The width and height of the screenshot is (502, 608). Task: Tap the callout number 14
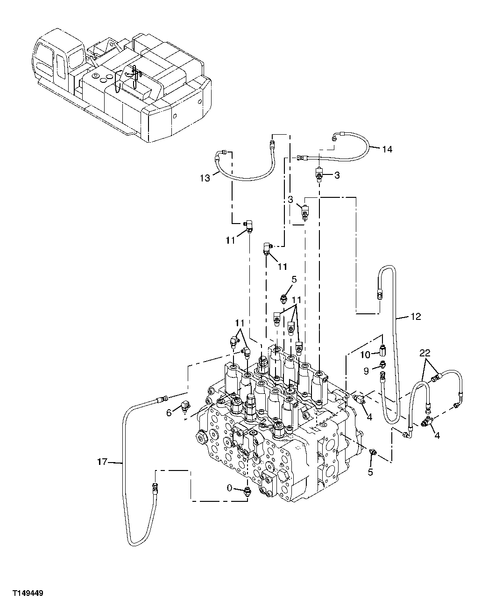(387, 149)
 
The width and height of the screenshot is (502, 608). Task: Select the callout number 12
(416, 317)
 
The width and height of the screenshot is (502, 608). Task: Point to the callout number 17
(103, 462)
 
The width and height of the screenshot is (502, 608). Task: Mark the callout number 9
(367, 371)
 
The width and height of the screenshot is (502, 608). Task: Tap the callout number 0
(229, 488)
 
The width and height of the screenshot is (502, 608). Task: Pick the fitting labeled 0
(246, 490)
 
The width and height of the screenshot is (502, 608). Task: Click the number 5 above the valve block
(294, 280)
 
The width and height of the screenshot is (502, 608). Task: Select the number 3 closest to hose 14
(337, 175)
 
